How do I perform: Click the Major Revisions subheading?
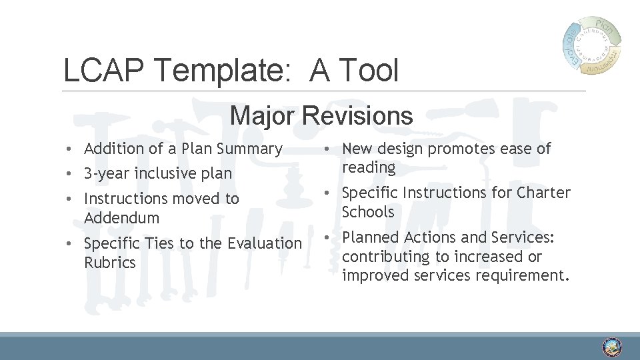pos(321,116)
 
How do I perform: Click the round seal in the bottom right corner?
pos(611,347)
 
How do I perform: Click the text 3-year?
pos(107,173)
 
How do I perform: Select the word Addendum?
pos(122,218)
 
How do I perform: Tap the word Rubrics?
pos(110,263)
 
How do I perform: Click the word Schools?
pos(368,212)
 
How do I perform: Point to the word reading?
pos(369,167)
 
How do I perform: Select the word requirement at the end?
pos(527,276)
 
